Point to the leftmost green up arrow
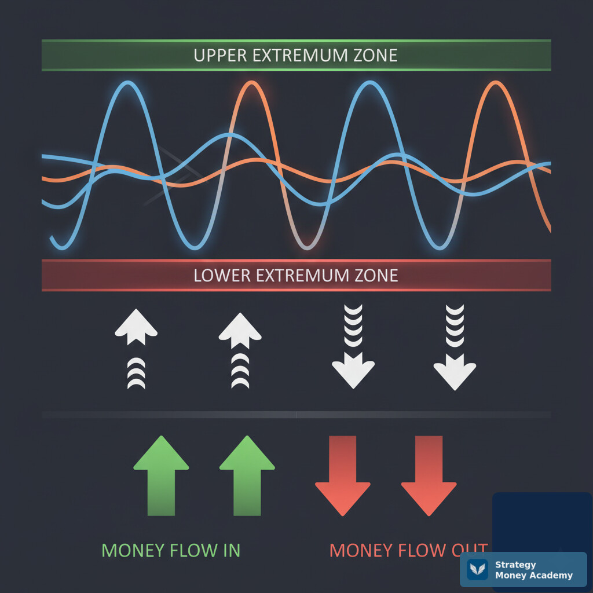click(x=161, y=475)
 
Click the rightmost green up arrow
click(x=247, y=475)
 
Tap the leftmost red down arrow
click(x=343, y=476)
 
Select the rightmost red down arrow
click(x=429, y=476)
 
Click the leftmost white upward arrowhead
click(x=136, y=327)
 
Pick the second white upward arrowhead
click(x=240, y=331)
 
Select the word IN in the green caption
click(x=232, y=550)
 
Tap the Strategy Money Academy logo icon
click(x=477, y=569)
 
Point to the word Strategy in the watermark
click(x=515, y=565)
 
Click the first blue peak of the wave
click(x=128, y=82)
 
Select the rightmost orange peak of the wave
click(x=495, y=83)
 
